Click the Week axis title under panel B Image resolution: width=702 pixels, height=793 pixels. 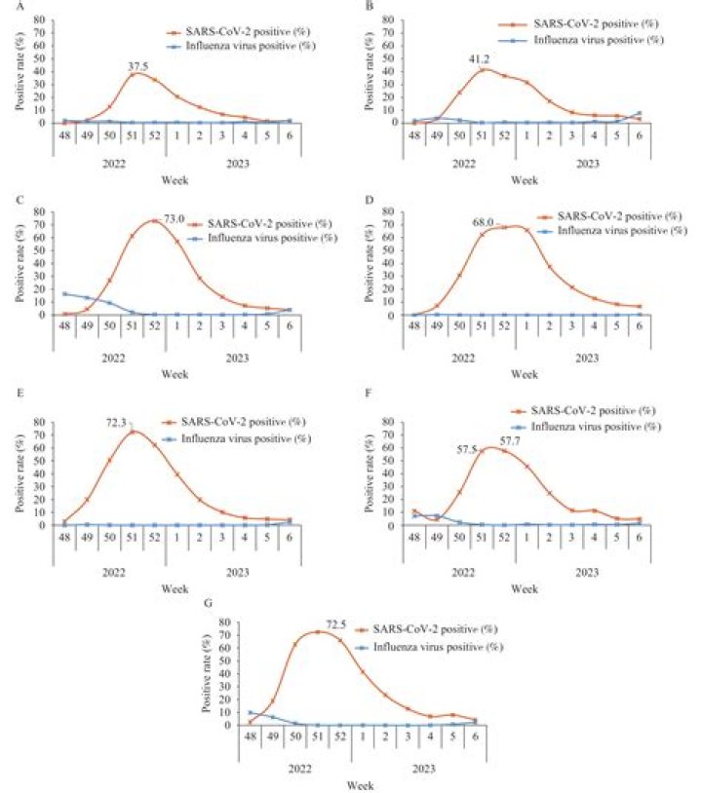[x=525, y=180]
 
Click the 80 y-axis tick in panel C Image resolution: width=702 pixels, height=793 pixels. [x=37, y=210]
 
